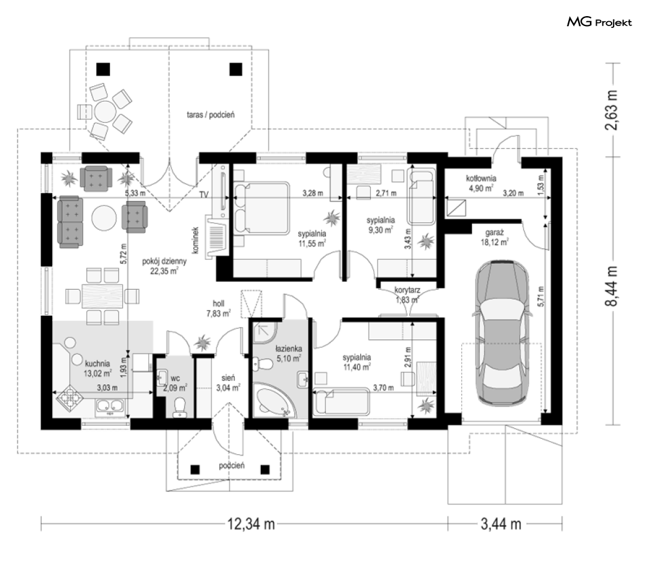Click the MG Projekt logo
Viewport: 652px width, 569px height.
[599, 22]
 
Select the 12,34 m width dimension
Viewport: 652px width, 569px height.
[251, 524]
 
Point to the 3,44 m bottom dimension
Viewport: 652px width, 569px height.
[501, 524]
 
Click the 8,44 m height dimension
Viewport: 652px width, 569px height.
[611, 286]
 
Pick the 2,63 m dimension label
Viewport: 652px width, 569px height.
[611, 110]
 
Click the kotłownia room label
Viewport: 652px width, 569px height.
[481, 179]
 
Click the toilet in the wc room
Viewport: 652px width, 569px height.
[179, 407]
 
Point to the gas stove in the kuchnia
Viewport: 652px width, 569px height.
[70, 398]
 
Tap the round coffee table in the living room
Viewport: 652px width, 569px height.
[104, 218]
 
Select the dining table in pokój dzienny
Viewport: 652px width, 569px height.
[102, 295]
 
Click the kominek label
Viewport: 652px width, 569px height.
[196, 240]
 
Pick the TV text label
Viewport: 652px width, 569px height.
[204, 194]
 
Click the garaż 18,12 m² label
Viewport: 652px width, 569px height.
[494, 237]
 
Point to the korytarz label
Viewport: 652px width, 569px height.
[407, 290]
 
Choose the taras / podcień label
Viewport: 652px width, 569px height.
[211, 115]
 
